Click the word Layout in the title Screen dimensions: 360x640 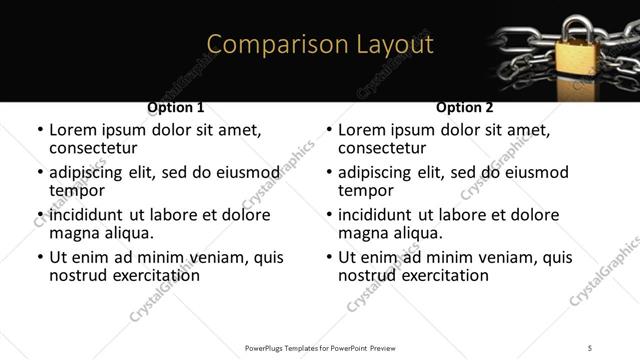click(x=396, y=45)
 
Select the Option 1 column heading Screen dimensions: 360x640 click(x=176, y=107)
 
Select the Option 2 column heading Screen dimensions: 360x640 click(x=465, y=107)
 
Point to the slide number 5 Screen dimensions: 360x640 click(x=591, y=348)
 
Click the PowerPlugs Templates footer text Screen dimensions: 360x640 click(x=320, y=348)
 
